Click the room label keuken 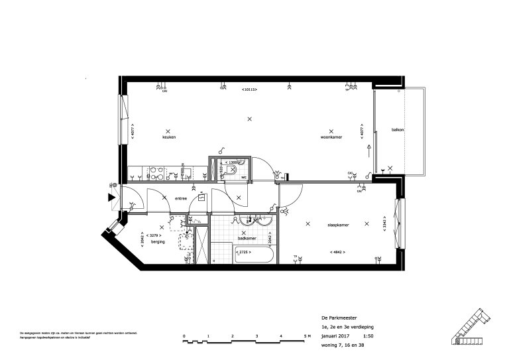168,138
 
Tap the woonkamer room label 331,138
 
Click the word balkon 398,129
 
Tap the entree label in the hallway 181,199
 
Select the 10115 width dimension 249,90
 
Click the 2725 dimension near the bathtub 245,253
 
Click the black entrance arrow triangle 111,196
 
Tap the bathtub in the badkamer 254,254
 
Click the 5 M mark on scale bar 306,336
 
